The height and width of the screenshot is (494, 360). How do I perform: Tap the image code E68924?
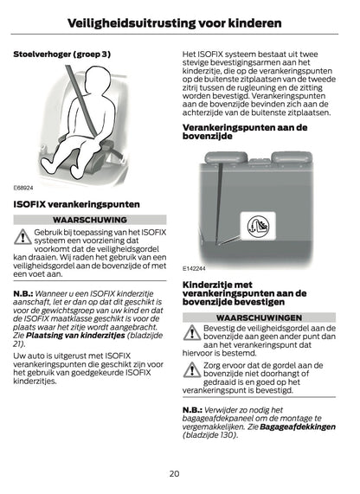tap(23, 187)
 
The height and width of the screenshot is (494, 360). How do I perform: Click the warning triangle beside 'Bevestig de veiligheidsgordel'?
tap(191, 334)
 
